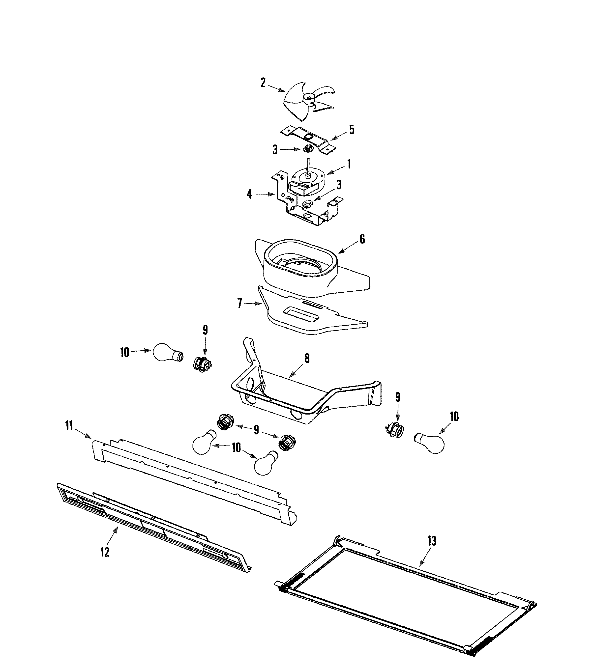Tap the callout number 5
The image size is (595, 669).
coord(351,130)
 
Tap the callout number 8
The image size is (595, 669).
coord(307,358)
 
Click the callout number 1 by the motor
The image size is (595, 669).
coord(349,164)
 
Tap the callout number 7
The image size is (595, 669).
coord(240,304)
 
